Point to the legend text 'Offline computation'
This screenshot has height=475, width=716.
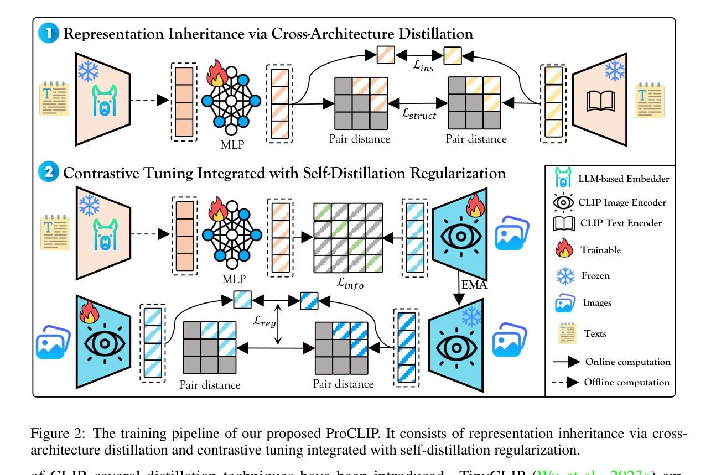[627, 382]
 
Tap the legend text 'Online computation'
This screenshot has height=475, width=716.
[628, 362]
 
